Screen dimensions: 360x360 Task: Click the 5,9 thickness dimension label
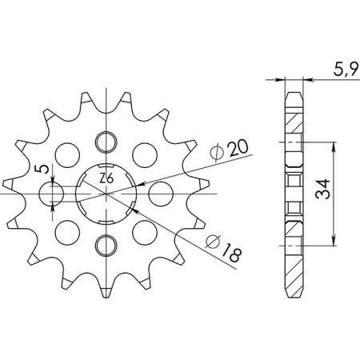(x=337, y=70)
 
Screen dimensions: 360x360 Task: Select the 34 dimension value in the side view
(x=345, y=193)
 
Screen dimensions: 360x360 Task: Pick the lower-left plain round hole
(x=68, y=231)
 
